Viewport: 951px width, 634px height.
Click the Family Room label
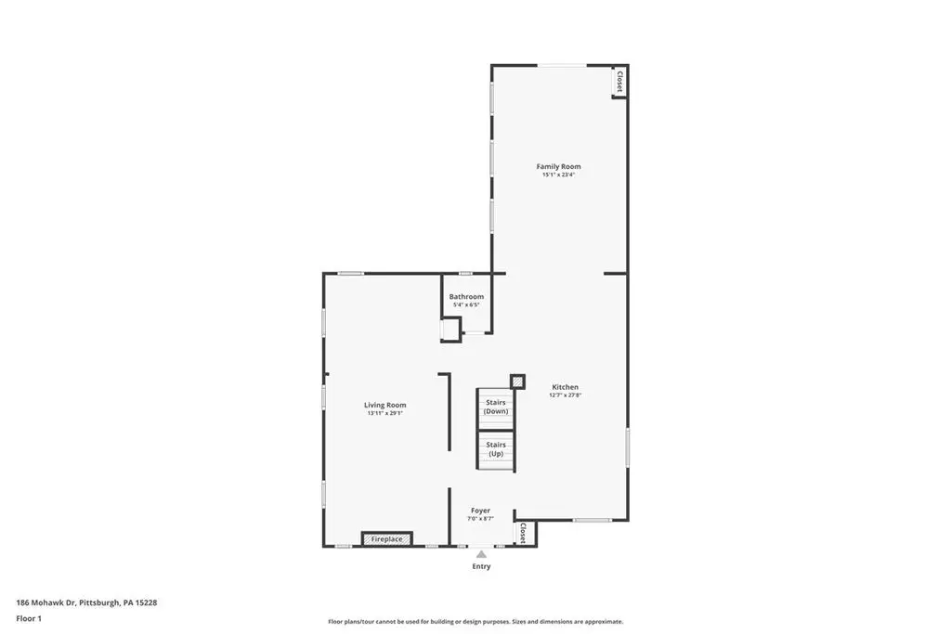(558, 166)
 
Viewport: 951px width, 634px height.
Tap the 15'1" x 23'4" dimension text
(558, 175)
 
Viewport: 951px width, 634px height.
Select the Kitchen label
(565, 387)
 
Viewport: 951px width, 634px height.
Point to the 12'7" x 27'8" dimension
(565, 395)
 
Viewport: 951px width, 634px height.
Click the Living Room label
(385, 405)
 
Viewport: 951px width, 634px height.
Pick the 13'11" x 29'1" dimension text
(385, 413)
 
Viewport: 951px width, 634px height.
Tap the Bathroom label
(466, 296)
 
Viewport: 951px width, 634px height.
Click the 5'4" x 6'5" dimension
(466, 304)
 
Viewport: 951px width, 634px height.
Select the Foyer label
(480, 511)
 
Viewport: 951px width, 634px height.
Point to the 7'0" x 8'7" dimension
(480, 519)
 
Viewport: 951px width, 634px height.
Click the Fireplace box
(387, 538)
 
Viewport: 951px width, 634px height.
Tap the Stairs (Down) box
(496, 408)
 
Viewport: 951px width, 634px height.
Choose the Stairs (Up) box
(496, 449)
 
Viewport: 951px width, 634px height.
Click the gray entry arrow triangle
(481, 554)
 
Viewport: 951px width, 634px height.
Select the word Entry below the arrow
(482, 566)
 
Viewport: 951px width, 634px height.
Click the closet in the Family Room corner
(619, 82)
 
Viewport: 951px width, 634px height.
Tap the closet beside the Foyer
(522, 533)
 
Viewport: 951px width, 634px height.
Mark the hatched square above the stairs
(517, 382)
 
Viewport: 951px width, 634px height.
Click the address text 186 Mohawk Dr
(46, 602)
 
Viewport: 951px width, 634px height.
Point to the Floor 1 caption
(29, 619)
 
